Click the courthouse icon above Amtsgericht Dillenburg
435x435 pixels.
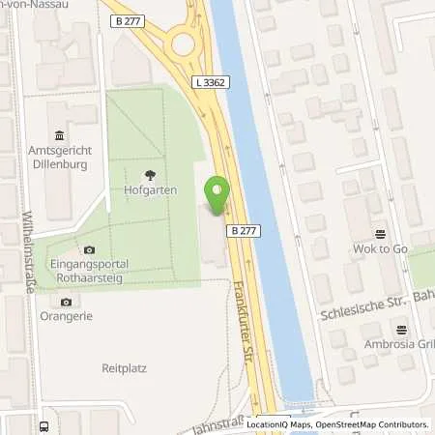point(60,133)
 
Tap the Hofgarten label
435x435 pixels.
point(149,192)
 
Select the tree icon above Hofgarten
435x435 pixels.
point(149,175)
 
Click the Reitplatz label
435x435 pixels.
point(122,367)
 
